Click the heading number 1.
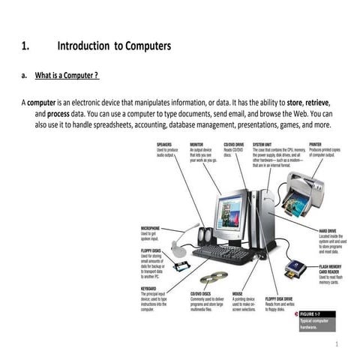point(25,46)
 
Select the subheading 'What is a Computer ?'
point(67,76)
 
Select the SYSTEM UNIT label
point(264,143)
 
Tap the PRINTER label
point(316,143)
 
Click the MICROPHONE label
point(151,228)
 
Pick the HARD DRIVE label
point(328,230)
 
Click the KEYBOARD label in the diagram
point(148,288)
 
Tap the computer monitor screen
point(229,211)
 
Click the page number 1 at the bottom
point(338,346)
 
